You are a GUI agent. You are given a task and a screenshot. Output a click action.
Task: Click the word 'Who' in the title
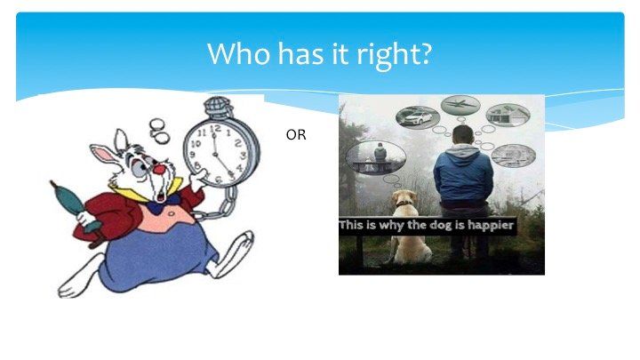tap(238, 53)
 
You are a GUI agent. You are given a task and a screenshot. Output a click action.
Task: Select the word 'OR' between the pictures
tap(296, 135)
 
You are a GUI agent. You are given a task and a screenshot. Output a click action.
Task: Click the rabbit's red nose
tap(159, 170)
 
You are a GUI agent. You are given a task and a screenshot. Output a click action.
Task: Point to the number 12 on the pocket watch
tap(215, 129)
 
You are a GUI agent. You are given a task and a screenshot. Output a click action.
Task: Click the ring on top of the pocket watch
tap(217, 107)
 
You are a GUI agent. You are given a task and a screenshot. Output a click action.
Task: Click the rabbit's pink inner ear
tap(104, 154)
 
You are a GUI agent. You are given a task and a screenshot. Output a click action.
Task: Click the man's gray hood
tap(462, 151)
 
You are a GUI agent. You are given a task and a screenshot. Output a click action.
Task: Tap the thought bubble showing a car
tap(418, 117)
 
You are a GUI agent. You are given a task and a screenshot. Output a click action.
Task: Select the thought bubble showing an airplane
tap(460, 105)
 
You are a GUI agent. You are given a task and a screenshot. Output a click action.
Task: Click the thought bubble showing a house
tap(508, 115)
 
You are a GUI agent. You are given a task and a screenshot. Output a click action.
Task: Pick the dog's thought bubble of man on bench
tap(375, 157)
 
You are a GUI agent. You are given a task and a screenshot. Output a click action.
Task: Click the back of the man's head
tap(463, 135)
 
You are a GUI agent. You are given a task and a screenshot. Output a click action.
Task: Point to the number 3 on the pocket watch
tap(244, 156)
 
